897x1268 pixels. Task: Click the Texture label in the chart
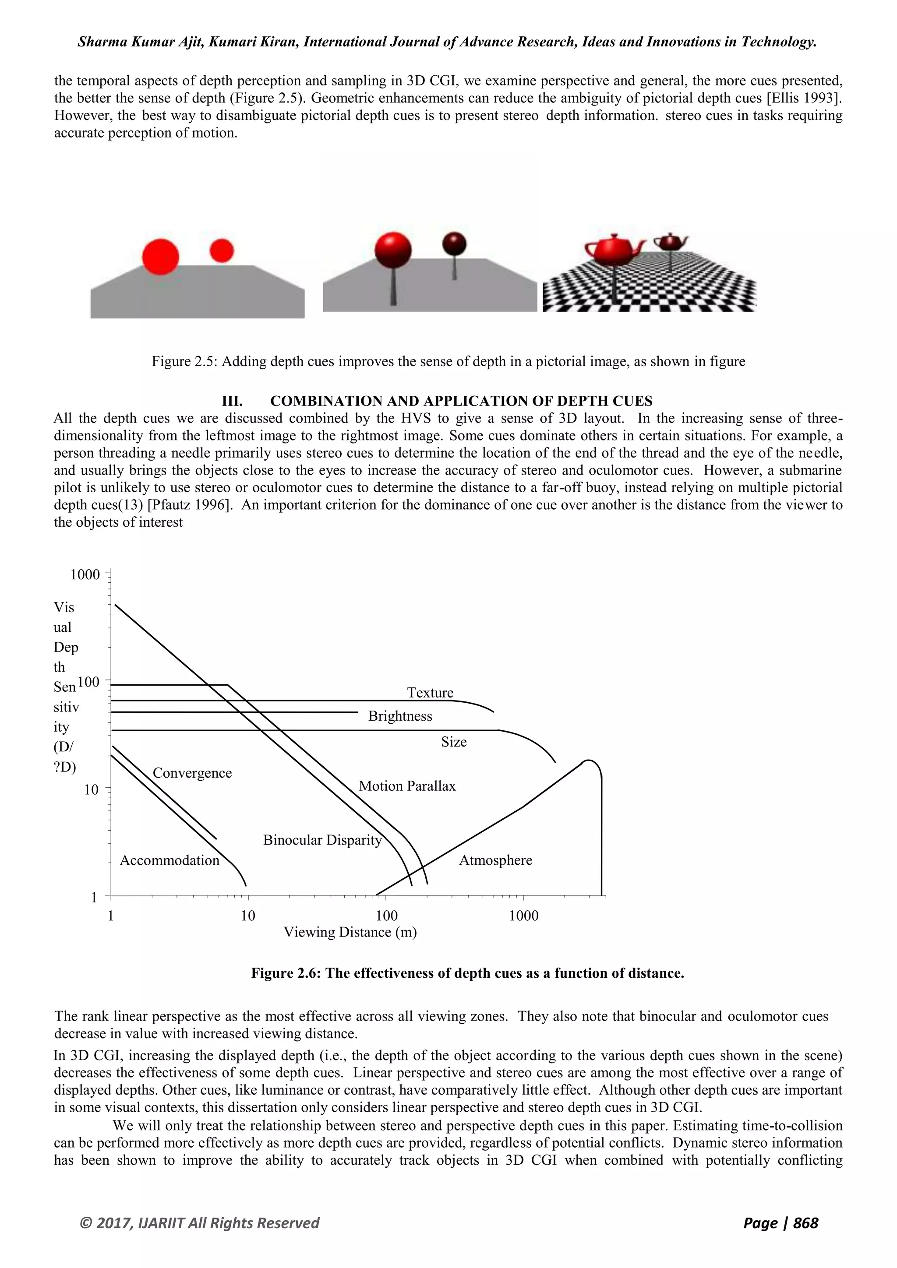(x=430, y=693)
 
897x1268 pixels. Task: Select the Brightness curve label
(x=400, y=716)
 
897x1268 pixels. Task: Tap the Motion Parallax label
(x=407, y=786)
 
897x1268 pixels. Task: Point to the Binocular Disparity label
(x=322, y=840)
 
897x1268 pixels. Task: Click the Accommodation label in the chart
(x=170, y=860)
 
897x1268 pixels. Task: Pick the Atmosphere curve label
(x=495, y=860)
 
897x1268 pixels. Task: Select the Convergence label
(x=192, y=773)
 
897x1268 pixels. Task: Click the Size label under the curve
(x=453, y=742)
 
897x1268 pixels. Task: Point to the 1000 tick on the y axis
(x=85, y=575)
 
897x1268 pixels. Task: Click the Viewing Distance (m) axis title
(x=350, y=932)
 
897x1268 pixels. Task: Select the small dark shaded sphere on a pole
(x=454, y=243)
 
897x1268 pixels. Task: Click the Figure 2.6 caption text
(x=467, y=973)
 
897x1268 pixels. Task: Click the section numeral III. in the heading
(x=232, y=401)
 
